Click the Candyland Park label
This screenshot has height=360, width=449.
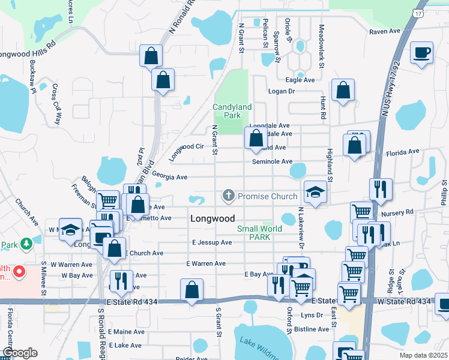tap(232, 110)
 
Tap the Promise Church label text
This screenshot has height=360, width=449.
tap(267, 196)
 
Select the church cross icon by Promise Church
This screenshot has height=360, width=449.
tap(228, 196)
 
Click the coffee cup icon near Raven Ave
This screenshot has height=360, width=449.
tap(421, 52)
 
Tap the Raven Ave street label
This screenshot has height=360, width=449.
tap(385, 31)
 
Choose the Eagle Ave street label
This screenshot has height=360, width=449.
tap(300, 80)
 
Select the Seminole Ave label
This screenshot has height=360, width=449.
tap(272, 161)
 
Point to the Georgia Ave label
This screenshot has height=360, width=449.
tap(170, 177)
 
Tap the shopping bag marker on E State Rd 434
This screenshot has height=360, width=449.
tap(192, 290)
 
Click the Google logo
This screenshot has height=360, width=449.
tap(19, 353)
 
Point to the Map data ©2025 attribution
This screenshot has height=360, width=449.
tap(423, 355)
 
